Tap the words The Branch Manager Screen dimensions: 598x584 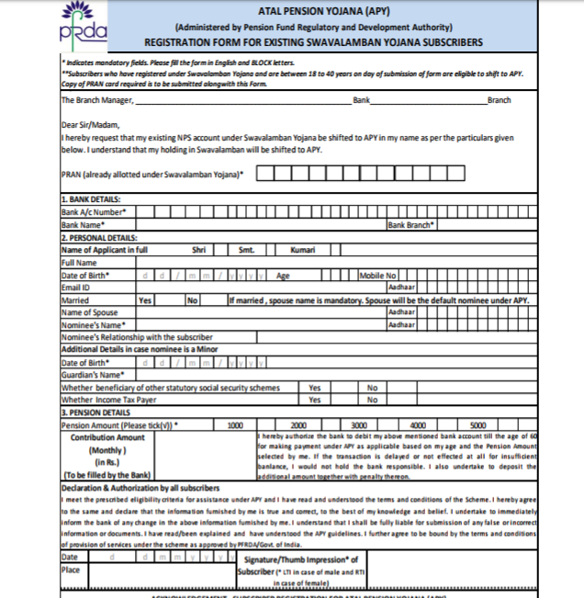96,100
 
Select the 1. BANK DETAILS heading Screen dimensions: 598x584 91,199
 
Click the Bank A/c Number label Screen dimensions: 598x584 94,211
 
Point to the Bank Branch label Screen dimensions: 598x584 411,224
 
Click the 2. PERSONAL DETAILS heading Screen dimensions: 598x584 98,236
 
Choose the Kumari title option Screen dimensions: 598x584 303,249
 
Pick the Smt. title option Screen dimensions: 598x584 246,249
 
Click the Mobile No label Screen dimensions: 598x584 377,275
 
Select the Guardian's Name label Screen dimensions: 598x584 92,375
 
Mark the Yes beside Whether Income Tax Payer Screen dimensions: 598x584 315,400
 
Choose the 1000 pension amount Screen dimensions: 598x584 235,425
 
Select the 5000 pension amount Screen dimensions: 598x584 478,425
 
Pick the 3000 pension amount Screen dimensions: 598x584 359,425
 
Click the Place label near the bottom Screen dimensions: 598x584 70,570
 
